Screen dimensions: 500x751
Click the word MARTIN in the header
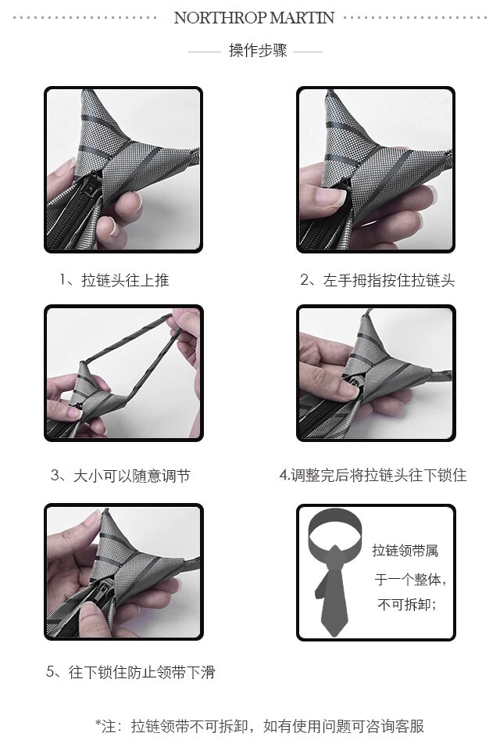point(302,18)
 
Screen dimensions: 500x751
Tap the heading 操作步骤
point(258,50)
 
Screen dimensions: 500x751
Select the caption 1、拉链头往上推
point(114,280)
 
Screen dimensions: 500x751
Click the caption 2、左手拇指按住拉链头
point(377,280)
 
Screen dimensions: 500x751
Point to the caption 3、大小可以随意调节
point(120,476)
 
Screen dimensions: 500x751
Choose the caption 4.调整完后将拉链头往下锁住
point(373,476)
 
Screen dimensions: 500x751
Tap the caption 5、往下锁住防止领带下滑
point(130,672)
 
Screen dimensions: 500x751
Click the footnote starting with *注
point(260,726)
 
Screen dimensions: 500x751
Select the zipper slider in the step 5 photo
point(105,589)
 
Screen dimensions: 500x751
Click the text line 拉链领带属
point(405,551)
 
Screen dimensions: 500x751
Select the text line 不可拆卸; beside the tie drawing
point(407,605)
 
